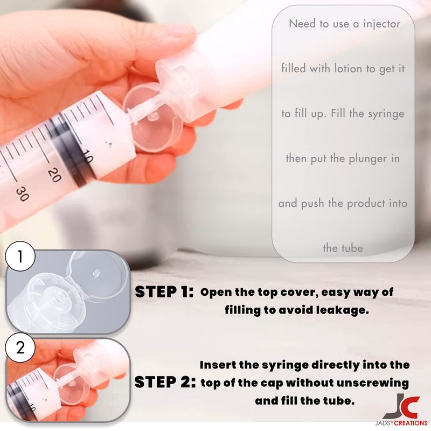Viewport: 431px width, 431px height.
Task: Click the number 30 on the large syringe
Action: [22, 194]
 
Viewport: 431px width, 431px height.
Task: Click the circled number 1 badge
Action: [20, 257]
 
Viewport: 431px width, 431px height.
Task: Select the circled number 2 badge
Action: [20, 348]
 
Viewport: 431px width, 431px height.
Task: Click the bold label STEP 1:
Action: [164, 292]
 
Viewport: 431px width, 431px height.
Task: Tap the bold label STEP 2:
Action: [165, 382]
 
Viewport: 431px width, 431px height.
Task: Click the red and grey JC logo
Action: [401, 406]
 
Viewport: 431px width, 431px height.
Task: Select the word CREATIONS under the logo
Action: [411, 423]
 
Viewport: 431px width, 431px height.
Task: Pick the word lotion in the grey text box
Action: [348, 68]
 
